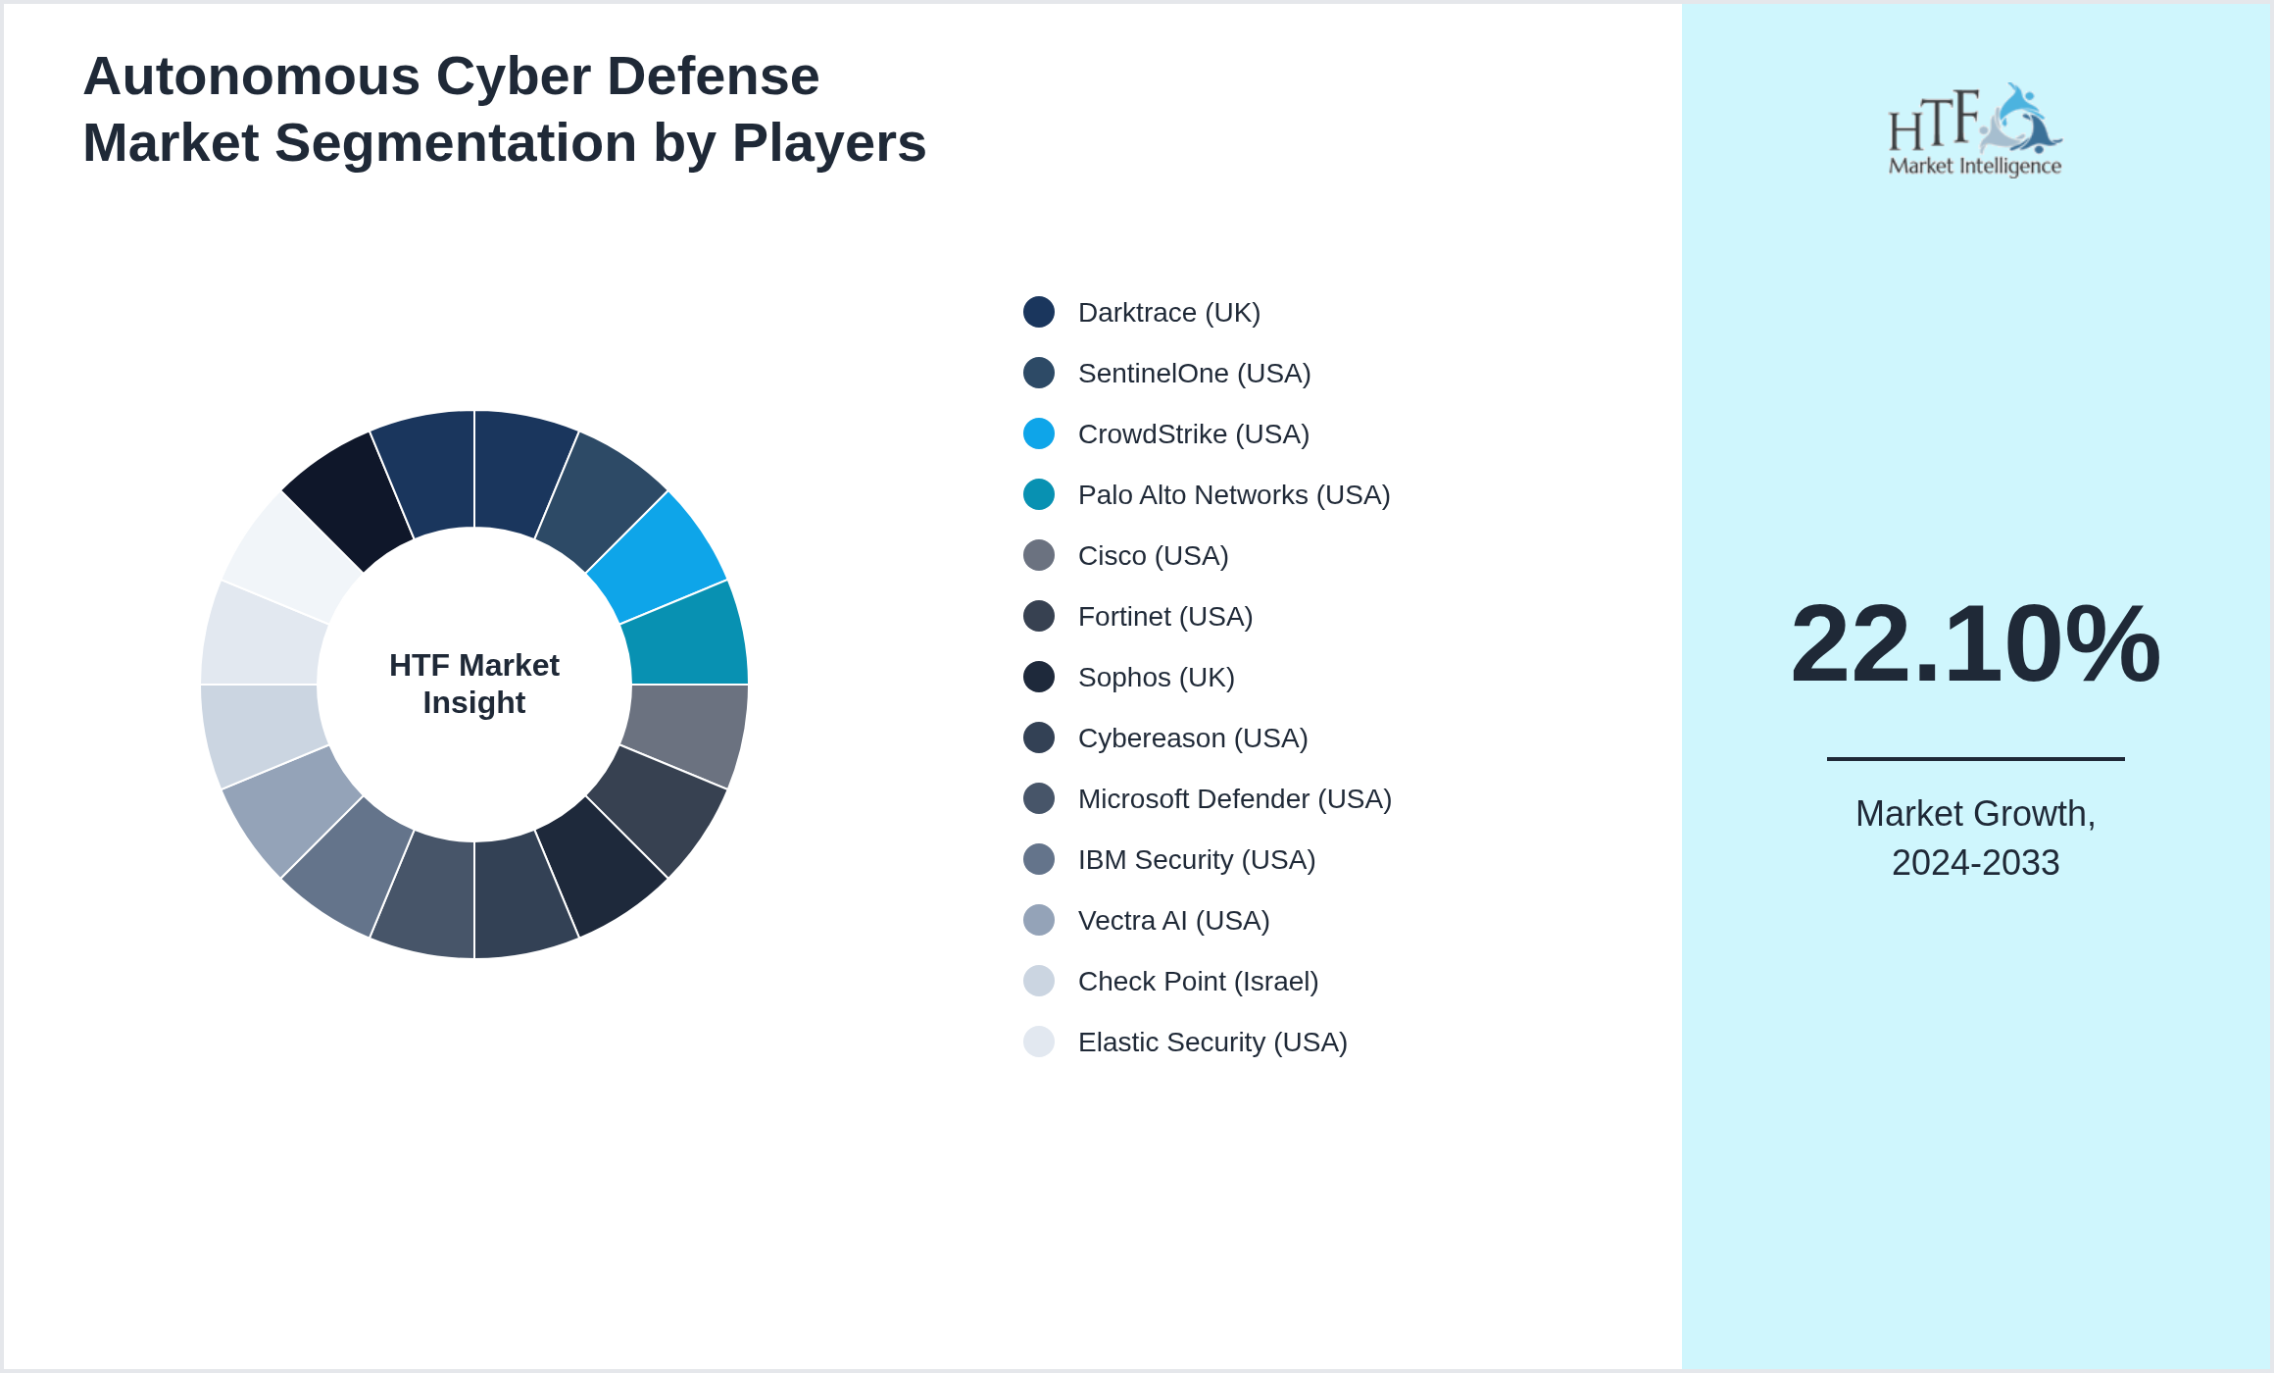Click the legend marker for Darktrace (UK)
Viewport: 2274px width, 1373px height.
(1039, 312)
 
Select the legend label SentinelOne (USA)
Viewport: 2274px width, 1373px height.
(1194, 374)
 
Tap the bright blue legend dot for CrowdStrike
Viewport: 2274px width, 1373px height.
(1039, 433)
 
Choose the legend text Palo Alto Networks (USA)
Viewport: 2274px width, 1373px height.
(1233, 495)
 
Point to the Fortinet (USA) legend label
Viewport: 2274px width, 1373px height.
(1164, 617)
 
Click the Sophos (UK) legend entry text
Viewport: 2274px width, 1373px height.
(1156, 678)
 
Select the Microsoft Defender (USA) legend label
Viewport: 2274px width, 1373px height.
(1234, 799)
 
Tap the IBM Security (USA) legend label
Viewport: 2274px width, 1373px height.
(1196, 860)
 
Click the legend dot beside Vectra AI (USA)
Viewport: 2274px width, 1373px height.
(1039, 920)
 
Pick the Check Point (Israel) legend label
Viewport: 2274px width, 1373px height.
(1198, 982)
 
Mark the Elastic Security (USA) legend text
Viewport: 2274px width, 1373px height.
(1211, 1042)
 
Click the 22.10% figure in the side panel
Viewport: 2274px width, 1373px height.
(1975, 644)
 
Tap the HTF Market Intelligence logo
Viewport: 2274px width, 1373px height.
(1975, 130)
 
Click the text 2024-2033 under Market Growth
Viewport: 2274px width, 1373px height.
(1975, 863)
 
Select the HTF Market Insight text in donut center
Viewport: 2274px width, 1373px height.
(474, 684)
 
